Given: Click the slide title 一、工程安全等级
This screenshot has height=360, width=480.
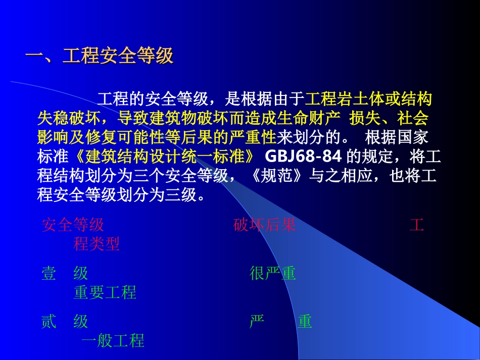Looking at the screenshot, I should (100, 56).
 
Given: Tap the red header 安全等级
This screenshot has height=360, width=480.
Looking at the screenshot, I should (73, 225).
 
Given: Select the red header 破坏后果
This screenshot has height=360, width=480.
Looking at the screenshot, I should (265, 225).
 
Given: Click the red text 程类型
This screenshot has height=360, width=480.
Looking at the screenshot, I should (97, 244).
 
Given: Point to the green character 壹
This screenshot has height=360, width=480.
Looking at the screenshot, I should (49, 274).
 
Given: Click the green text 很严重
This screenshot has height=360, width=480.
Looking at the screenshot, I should (273, 274).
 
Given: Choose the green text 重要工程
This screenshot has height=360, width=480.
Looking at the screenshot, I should (105, 292).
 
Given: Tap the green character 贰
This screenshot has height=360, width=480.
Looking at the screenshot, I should (49, 322).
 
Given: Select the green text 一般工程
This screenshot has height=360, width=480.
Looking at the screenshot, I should (113, 341).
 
